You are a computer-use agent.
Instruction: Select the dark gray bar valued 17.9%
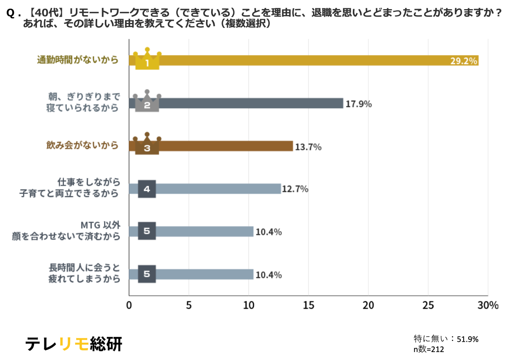tap(250, 103)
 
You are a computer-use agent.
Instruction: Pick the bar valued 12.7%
tap(218, 189)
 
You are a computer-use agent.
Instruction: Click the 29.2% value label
tap(463, 61)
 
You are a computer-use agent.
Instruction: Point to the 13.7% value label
tap(308, 147)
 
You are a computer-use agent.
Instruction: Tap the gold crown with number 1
tap(147, 60)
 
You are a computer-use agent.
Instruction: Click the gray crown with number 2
tap(147, 102)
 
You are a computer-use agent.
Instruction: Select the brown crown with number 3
tap(147, 145)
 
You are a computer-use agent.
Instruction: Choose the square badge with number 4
tap(147, 189)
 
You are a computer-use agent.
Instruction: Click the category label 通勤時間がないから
tap(78, 60)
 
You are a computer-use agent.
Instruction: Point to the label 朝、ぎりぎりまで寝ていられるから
tap(83, 102)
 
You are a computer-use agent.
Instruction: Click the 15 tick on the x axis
tap(308, 306)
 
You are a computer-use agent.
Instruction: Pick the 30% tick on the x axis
tap(488, 306)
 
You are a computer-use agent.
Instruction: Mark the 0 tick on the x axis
tap(129, 306)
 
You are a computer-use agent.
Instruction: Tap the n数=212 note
tap(429, 349)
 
